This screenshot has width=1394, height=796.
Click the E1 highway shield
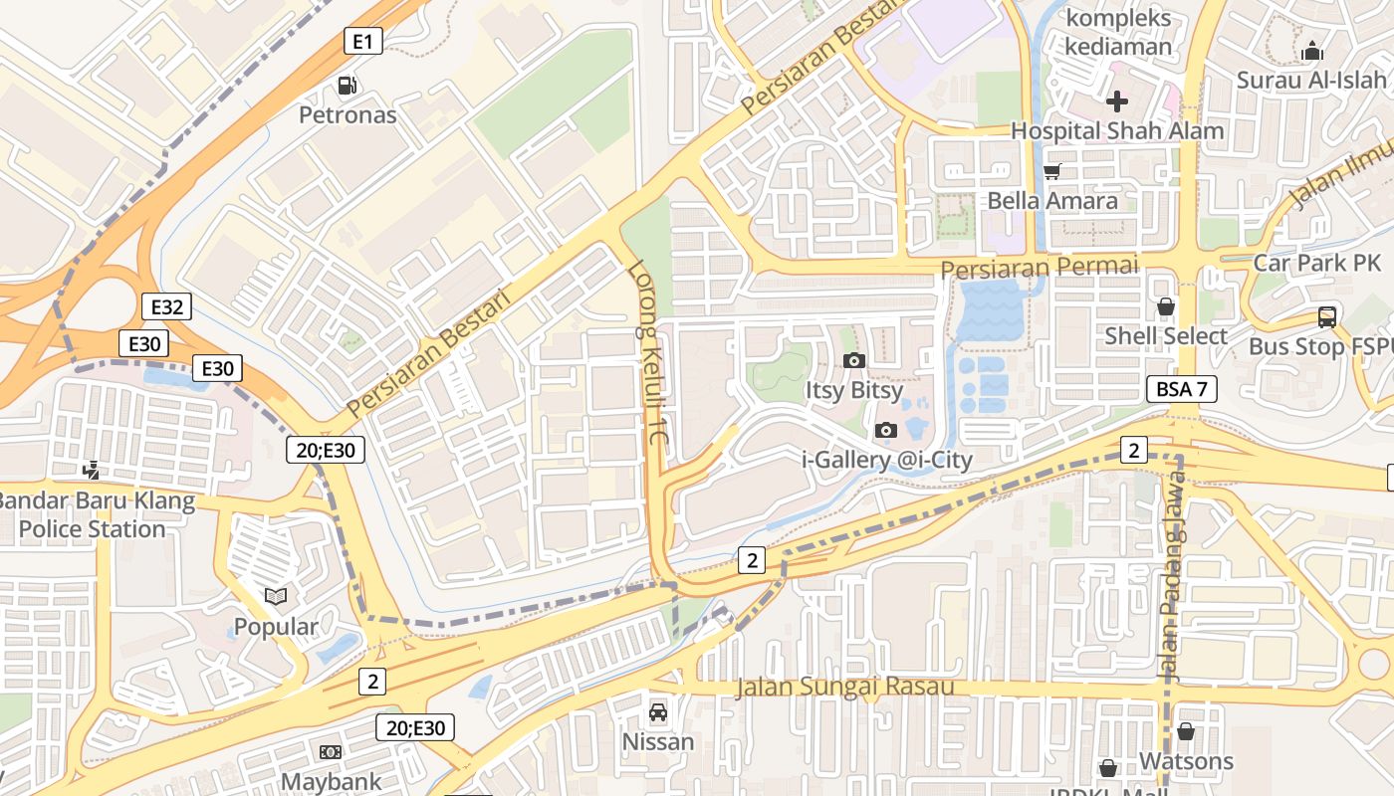pyautogui.click(x=363, y=41)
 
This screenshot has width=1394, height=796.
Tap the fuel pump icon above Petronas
pyautogui.click(x=347, y=86)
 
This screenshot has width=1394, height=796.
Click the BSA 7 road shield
pyautogui.click(x=1182, y=389)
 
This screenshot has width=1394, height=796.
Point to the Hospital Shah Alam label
pyautogui.click(x=1116, y=131)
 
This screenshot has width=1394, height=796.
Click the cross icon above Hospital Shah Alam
pyautogui.click(x=1116, y=100)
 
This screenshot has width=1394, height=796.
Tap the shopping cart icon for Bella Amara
pyautogui.click(x=1051, y=171)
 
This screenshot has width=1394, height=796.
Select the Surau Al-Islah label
pyautogui.click(x=1311, y=80)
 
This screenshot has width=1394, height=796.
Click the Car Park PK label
pyautogui.click(x=1316, y=263)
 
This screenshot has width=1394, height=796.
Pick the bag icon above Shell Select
pyautogui.click(x=1165, y=306)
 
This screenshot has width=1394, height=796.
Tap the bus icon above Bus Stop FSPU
pyautogui.click(x=1326, y=317)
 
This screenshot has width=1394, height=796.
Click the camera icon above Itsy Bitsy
pyautogui.click(x=853, y=360)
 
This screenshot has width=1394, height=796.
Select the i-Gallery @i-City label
pyautogui.click(x=886, y=460)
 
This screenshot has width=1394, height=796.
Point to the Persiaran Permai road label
pyautogui.click(x=1039, y=268)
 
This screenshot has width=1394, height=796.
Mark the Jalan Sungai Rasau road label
pyautogui.click(x=844, y=687)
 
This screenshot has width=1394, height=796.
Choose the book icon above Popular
pyautogui.click(x=276, y=597)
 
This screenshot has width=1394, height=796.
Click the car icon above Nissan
pyautogui.click(x=657, y=712)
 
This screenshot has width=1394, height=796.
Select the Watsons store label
pyautogui.click(x=1185, y=761)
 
